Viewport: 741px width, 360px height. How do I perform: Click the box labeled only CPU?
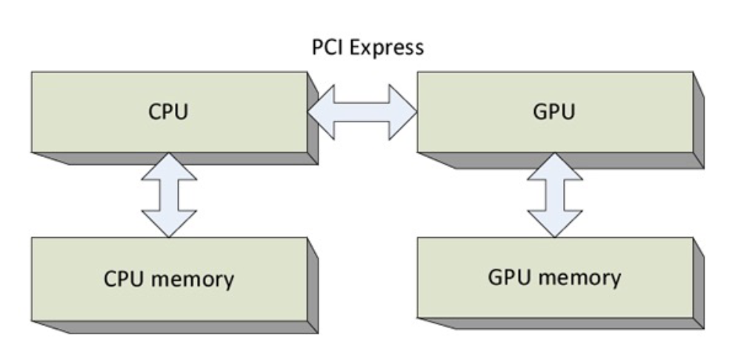point(168,113)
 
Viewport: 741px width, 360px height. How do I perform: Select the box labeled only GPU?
point(554,113)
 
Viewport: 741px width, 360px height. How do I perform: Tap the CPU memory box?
point(168,279)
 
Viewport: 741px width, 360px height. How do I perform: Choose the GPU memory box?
point(554,278)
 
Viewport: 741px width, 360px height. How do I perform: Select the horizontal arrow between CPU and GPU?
point(362,113)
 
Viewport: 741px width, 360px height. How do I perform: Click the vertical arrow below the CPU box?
point(169,195)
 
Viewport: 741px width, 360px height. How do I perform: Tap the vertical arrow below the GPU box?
point(554,195)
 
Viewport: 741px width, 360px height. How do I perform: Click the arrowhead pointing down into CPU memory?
point(169,223)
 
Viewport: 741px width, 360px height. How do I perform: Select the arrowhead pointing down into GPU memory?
point(554,223)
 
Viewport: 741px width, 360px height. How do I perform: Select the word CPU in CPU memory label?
point(122,279)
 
